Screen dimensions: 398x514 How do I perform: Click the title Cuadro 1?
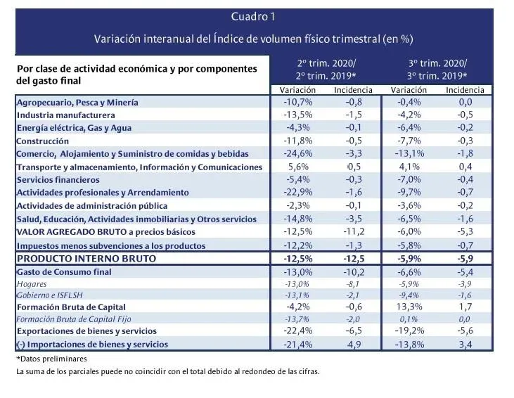pos(253,16)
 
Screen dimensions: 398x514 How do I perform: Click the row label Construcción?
pos(42,141)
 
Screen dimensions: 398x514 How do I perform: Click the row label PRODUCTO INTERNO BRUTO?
pos(86,259)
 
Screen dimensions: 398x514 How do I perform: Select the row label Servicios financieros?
pos(60,180)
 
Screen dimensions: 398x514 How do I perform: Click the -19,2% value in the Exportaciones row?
pos(409,331)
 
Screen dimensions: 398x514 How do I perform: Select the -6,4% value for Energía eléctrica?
pos(409,128)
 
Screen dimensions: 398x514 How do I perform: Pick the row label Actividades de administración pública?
pos(91,206)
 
